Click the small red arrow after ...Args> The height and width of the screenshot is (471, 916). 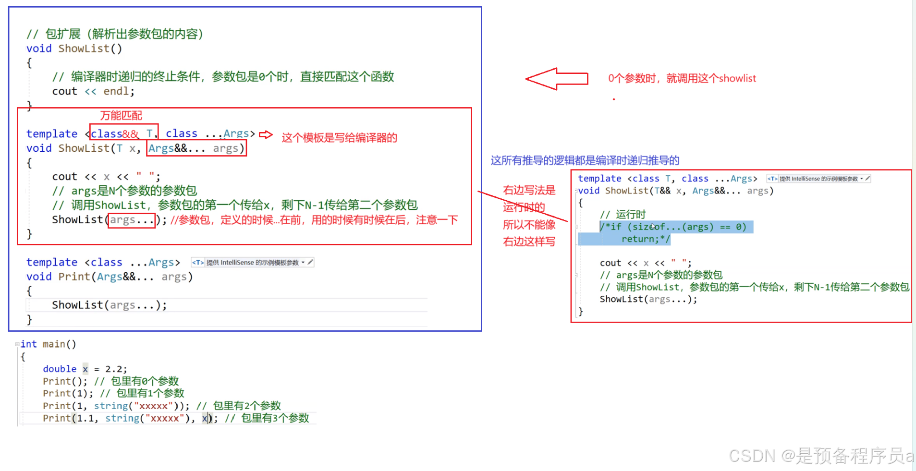(x=266, y=135)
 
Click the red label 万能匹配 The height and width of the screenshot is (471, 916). (x=121, y=116)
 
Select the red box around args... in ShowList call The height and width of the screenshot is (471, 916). (x=132, y=220)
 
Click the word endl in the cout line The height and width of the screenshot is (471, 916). (x=117, y=91)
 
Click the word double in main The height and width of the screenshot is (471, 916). (x=60, y=369)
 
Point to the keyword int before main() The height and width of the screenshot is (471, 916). (x=28, y=344)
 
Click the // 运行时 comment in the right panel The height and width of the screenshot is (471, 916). (x=623, y=214)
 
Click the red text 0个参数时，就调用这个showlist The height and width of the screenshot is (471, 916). (x=682, y=79)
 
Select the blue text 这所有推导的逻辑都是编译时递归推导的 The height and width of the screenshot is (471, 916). (x=585, y=160)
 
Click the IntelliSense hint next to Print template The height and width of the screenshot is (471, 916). (x=253, y=263)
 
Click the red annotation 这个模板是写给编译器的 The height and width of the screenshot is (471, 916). (x=339, y=138)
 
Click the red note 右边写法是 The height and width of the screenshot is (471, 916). (x=529, y=190)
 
